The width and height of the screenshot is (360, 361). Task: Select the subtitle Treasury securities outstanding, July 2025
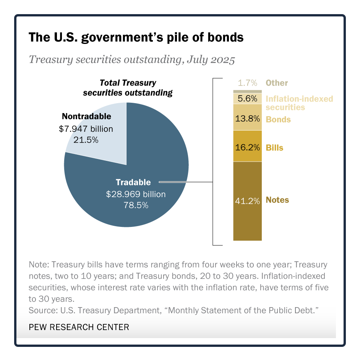[132, 60]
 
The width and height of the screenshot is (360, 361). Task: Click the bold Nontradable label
[86, 116]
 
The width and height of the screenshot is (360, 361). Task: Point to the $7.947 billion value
[86, 129]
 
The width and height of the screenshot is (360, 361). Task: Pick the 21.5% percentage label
[86, 140]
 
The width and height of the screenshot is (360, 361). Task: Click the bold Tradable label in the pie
[133, 182]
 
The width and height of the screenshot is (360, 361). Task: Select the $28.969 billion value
[136, 194]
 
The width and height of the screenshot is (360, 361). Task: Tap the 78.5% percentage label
[136, 206]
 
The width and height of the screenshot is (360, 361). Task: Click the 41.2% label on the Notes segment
[247, 200]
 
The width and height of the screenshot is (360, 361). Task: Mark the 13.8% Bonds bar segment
[247, 118]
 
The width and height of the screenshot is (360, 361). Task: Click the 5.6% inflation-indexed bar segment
[247, 99]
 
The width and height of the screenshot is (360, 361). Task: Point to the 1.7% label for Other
[247, 83]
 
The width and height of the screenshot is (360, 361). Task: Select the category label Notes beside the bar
[277, 200]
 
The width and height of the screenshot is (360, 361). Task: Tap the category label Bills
[275, 147]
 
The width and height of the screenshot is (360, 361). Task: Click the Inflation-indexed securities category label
[299, 103]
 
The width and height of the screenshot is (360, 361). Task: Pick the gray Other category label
[277, 83]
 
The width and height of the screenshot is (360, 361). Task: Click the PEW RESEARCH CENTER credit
[79, 327]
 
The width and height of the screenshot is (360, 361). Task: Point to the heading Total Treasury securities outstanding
[128, 87]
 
